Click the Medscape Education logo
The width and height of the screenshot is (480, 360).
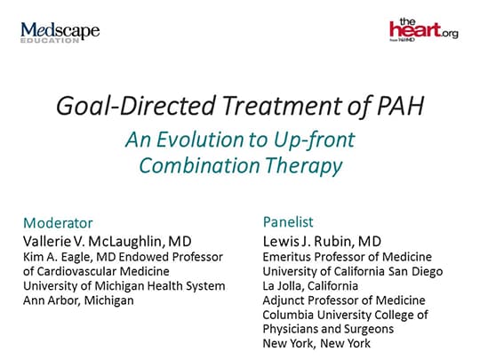point(60,34)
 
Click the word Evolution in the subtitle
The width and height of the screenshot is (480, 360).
point(222,140)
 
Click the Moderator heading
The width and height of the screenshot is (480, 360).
point(57,222)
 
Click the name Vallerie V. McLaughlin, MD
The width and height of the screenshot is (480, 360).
point(108,241)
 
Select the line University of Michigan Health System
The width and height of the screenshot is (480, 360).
point(124,285)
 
